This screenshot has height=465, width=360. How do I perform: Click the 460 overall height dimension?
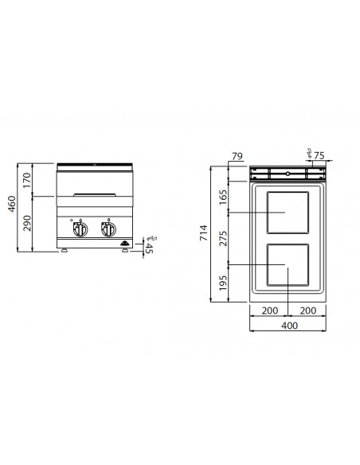[12, 205]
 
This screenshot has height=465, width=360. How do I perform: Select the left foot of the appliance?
[64, 251]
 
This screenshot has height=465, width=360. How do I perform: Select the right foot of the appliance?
[124, 251]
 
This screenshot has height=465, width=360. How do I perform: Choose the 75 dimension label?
[319, 156]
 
